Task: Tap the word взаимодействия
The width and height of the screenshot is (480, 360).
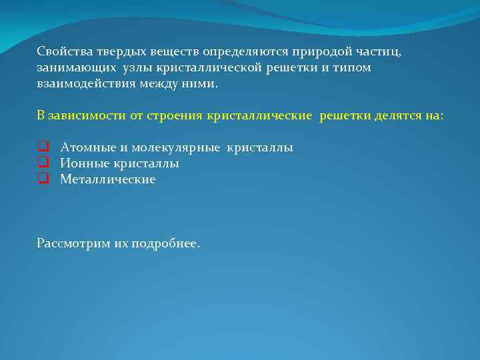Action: [x=87, y=84]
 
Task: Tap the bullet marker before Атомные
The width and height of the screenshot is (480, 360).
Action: [x=42, y=147]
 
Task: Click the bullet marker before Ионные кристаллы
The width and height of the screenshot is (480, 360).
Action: [x=42, y=163]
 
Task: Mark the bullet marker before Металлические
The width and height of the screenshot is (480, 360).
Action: [x=42, y=179]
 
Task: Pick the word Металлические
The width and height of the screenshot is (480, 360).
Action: [x=107, y=179]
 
